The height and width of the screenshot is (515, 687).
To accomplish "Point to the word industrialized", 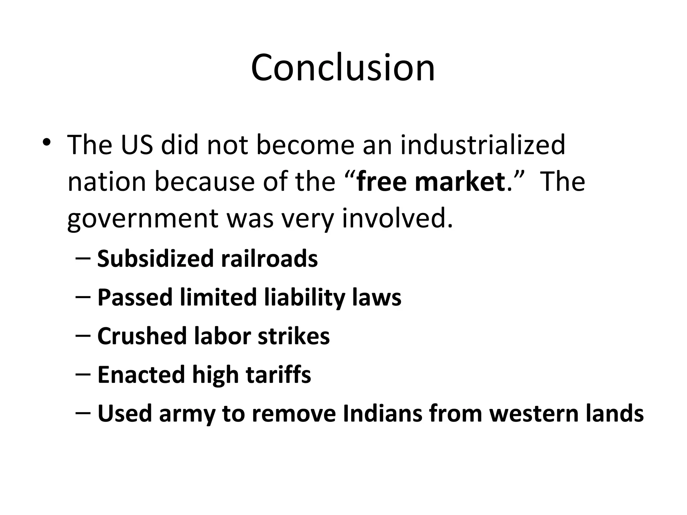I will (483, 145).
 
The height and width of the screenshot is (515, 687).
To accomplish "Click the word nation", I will (107, 182).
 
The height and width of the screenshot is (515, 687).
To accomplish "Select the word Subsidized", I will (155, 259).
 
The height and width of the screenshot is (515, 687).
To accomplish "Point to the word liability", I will (305, 298).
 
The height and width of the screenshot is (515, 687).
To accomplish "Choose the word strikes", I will (294, 336).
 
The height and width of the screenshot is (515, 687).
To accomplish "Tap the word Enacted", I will (141, 375).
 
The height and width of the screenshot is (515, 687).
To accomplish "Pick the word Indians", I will (382, 413).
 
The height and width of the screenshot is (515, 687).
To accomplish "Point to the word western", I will (534, 413).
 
